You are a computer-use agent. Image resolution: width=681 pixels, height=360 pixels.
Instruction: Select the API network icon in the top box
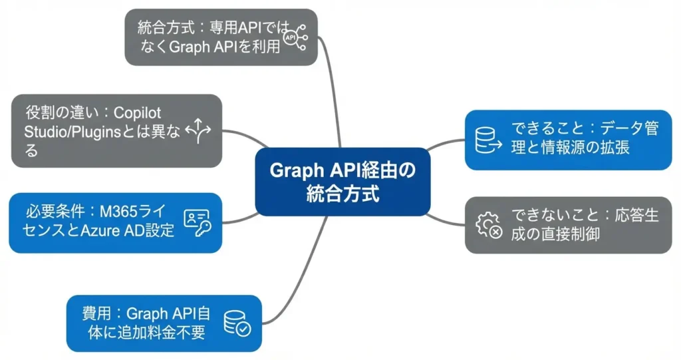click(x=294, y=38)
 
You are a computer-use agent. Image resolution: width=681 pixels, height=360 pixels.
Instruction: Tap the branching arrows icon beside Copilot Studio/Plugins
click(x=198, y=131)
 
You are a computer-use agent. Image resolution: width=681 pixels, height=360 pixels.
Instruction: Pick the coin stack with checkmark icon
click(x=237, y=323)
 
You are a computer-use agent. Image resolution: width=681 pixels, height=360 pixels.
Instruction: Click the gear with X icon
click(x=488, y=226)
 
